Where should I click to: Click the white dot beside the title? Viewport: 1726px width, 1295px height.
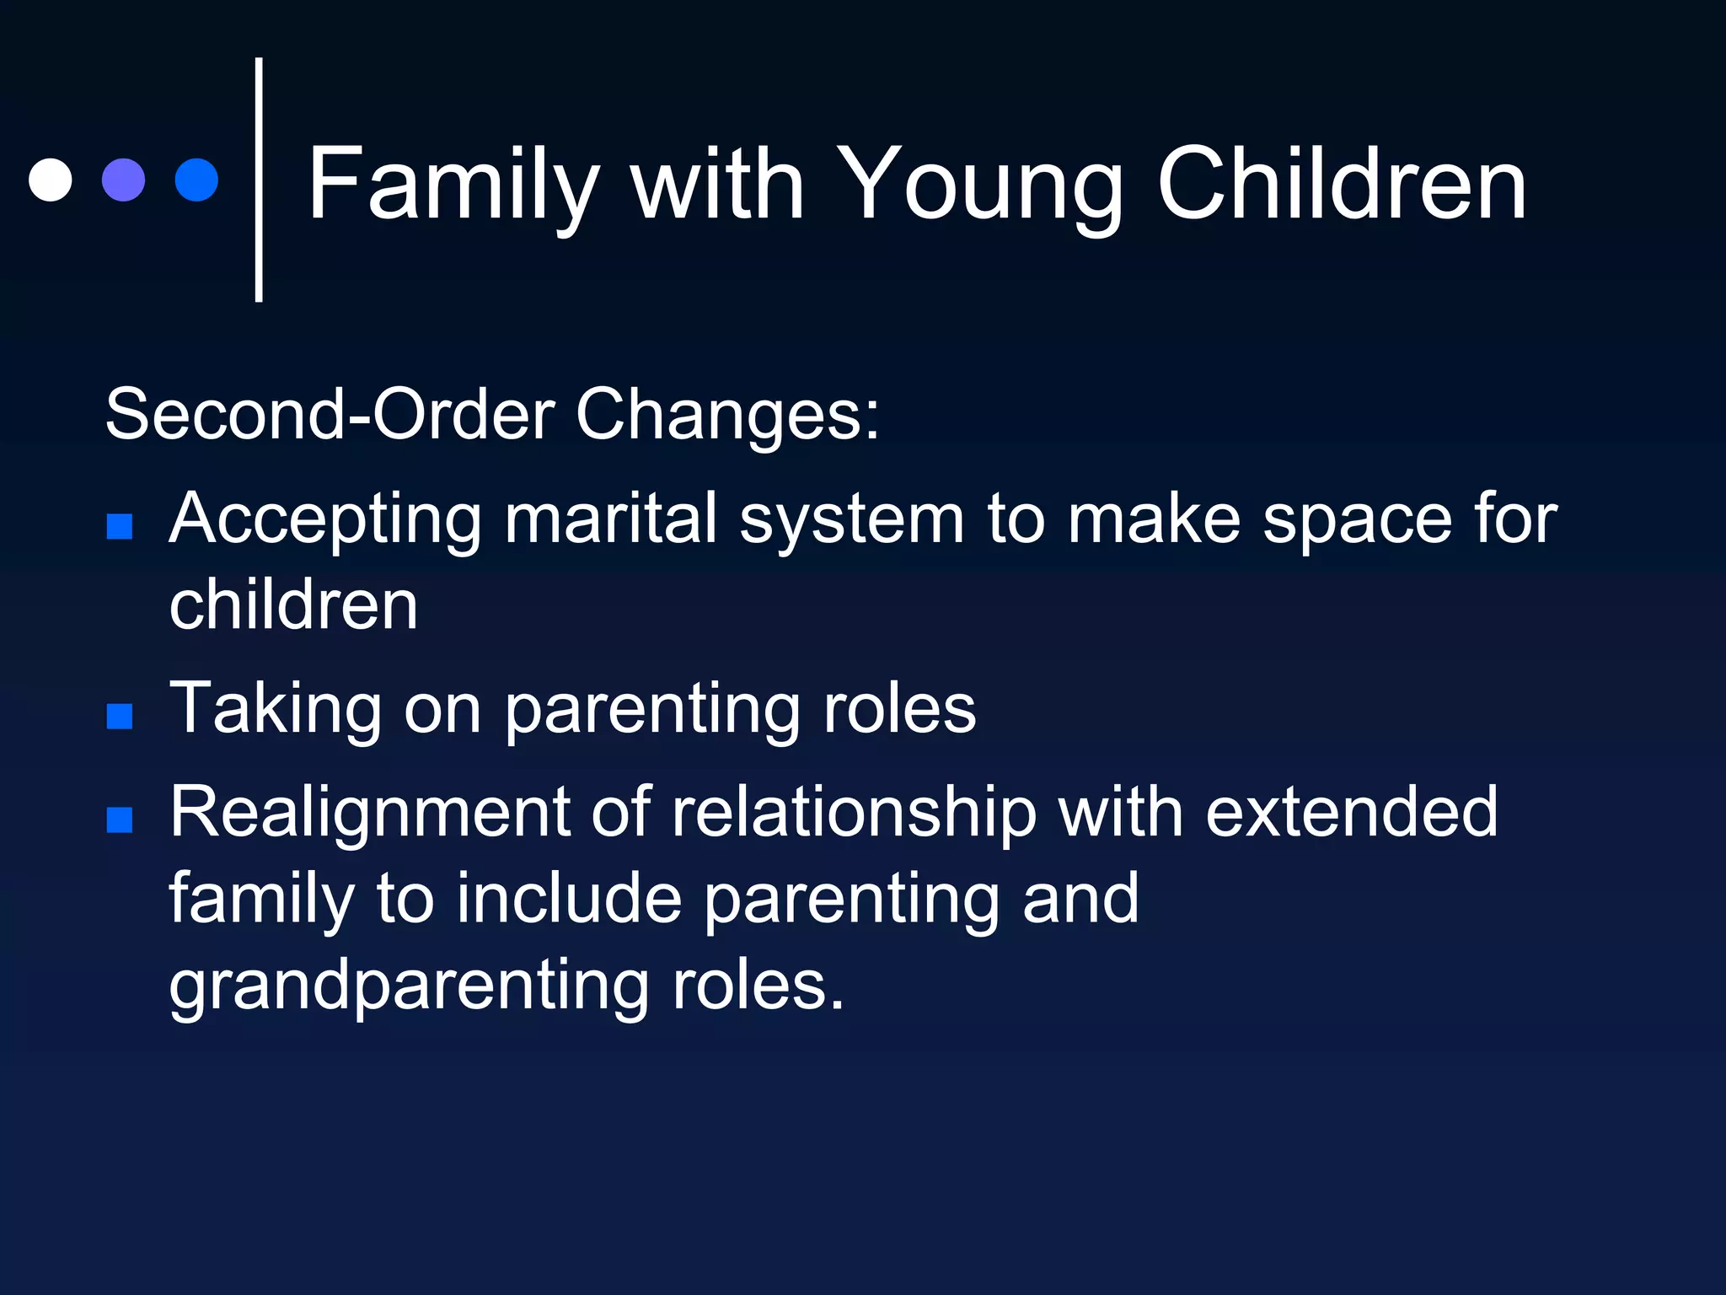click(x=50, y=180)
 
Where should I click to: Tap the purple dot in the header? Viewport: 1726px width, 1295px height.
click(x=123, y=180)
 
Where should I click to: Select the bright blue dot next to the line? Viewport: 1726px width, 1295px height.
click(x=196, y=180)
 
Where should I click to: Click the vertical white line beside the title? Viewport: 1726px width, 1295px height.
click(x=259, y=180)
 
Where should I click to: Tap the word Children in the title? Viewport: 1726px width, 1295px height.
click(x=1342, y=184)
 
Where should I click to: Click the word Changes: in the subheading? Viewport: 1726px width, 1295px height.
click(x=727, y=415)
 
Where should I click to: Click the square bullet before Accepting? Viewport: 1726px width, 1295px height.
click(x=120, y=526)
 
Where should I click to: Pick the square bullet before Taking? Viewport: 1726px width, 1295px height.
click(x=120, y=716)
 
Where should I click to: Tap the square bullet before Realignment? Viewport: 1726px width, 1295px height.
click(x=120, y=819)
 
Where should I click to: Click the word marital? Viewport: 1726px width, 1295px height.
click(x=610, y=519)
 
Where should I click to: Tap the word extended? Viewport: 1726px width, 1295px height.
click(x=1351, y=812)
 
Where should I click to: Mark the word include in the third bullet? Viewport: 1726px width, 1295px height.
click(x=569, y=899)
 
